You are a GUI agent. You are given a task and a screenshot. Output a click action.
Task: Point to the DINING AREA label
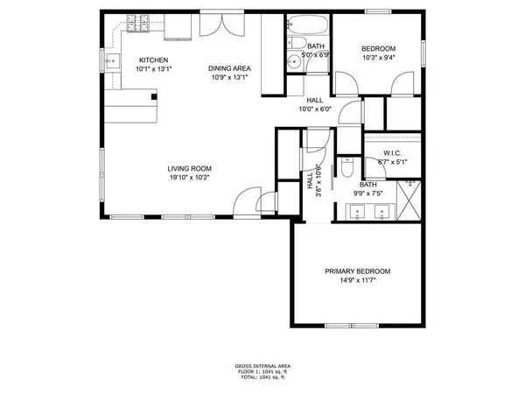(228, 68)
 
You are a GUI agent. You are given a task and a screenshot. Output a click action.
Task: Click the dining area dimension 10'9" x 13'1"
(229, 77)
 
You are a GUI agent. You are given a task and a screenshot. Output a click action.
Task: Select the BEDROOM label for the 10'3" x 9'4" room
(378, 48)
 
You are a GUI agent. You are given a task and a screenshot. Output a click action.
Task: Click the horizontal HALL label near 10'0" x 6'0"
(315, 100)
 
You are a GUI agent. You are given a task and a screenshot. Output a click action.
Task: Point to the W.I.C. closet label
(392, 153)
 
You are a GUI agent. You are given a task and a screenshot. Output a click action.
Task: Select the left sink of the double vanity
(357, 211)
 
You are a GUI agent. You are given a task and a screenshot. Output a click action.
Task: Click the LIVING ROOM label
(190, 169)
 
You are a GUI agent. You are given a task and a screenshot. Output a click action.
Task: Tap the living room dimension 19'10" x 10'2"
(190, 178)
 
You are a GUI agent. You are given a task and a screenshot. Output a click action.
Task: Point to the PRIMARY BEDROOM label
(357, 271)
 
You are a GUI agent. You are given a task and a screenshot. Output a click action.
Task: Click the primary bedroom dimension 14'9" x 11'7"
(357, 281)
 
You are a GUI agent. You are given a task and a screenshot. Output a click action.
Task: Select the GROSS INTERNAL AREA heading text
(262, 365)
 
